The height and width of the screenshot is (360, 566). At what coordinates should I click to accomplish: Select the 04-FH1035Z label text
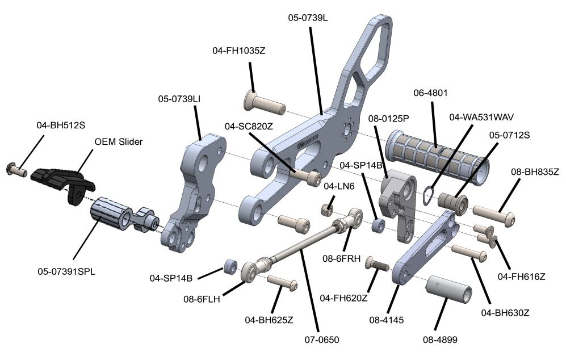tap(239, 51)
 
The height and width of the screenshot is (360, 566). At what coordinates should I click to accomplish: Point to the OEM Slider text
tap(118, 141)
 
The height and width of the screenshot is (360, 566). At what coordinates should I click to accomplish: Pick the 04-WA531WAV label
tap(481, 118)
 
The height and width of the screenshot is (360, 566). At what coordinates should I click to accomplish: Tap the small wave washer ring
tap(430, 196)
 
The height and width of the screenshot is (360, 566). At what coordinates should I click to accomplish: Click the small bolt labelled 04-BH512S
tap(18, 168)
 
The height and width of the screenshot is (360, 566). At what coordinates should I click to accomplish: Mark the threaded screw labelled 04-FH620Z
tap(376, 263)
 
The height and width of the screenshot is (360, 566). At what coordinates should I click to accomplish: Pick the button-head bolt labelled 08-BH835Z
tap(494, 217)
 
